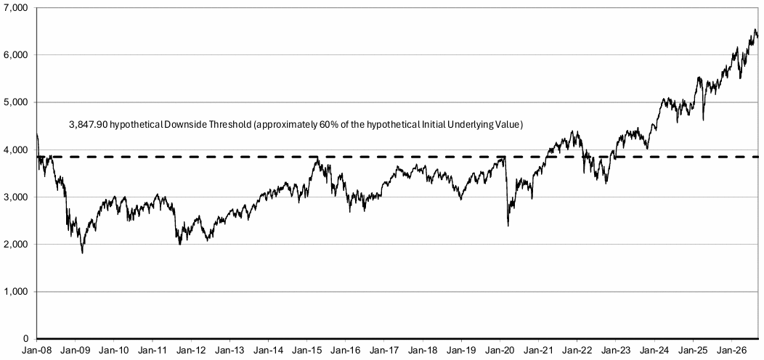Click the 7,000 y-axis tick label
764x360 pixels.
(17, 8)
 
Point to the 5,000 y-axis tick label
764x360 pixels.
(17, 102)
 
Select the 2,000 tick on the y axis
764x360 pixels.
(17, 244)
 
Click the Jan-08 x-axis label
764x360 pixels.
(36, 351)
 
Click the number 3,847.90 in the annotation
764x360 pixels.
(89, 125)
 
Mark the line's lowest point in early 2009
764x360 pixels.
(82, 253)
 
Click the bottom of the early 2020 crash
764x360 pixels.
(508, 226)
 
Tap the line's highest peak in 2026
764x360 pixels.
(755, 43)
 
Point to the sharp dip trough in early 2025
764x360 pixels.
(703, 120)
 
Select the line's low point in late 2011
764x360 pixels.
(180, 245)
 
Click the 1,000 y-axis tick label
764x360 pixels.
(17, 291)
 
